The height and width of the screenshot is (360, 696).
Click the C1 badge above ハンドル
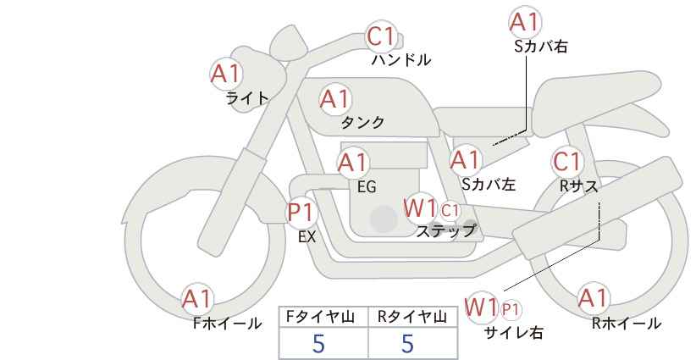[382, 36]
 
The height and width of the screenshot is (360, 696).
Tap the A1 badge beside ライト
[225, 73]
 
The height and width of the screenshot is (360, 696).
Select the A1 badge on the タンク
[334, 99]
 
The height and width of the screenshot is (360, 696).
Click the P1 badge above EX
[301, 211]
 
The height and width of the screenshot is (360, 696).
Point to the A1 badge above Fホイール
[197, 298]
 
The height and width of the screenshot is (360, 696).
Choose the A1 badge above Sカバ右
[525, 22]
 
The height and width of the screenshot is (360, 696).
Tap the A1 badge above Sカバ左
[466, 159]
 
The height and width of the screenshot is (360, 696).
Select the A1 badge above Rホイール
[592, 297]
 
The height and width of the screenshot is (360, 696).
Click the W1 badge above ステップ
[420, 208]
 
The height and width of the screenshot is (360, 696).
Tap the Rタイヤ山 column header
[412, 317]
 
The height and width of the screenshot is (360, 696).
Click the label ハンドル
[401, 60]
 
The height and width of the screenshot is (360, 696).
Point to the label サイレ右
[513, 333]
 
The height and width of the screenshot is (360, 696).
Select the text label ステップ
[445, 230]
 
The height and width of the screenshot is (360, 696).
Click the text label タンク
[362, 123]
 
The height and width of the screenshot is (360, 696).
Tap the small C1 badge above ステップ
[450, 209]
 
